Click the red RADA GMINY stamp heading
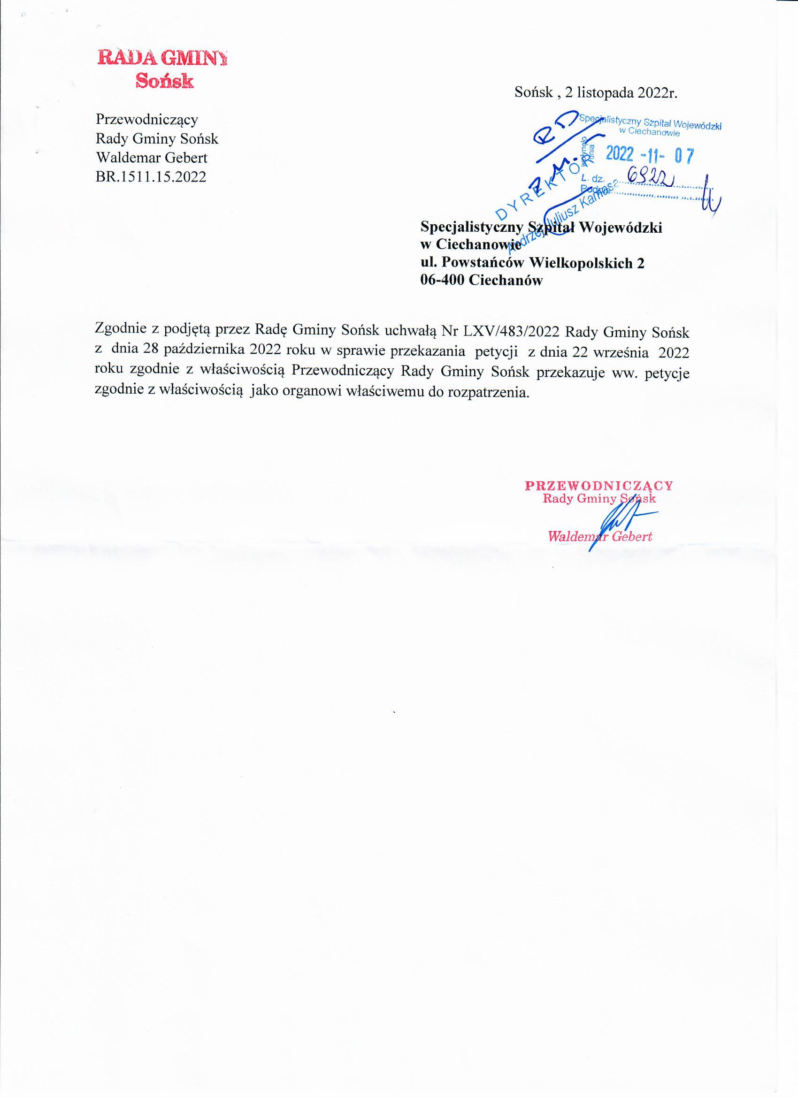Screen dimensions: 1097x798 click(x=161, y=58)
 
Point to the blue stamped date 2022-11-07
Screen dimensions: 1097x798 click(x=650, y=155)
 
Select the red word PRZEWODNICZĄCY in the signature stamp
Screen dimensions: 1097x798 click(x=598, y=485)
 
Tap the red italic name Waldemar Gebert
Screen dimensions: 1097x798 click(x=599, y=536)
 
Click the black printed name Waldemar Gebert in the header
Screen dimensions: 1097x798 click(x=152, y=158)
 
